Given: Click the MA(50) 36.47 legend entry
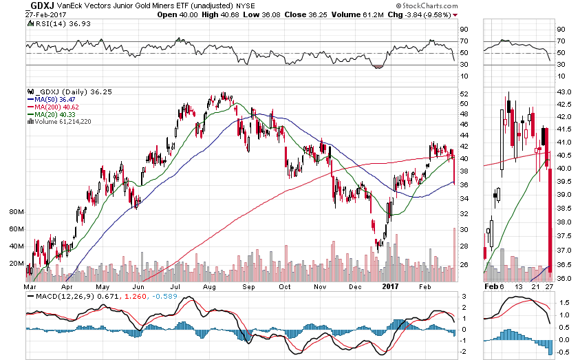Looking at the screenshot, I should (x=56, y=99).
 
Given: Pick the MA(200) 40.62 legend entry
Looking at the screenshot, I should (x=58, y=107).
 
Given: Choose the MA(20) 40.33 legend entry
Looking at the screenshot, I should (x=56, y=114).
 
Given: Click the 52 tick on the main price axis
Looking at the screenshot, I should (x=464, y=94).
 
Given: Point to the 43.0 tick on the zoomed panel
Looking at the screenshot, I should (x=563, y=92).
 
